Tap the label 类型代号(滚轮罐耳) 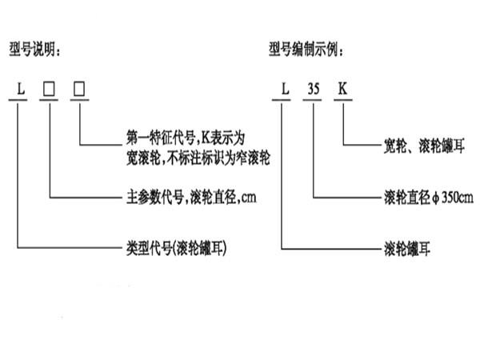point(172,248)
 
